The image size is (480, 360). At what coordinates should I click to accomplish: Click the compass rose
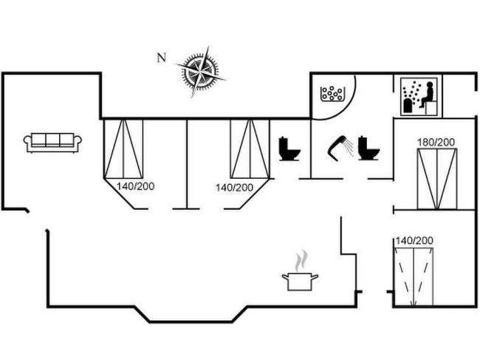pos(199,70)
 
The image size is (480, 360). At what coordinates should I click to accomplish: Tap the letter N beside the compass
pos(161,58)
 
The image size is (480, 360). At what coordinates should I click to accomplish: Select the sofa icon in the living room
pos(53,142)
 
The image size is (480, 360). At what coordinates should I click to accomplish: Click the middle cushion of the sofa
pos(53,139)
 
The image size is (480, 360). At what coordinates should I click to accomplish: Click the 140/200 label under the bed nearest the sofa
pos(134,187)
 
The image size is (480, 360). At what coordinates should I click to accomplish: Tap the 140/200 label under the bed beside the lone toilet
pos(234,188)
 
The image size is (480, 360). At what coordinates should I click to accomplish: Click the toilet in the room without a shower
pos(289,149)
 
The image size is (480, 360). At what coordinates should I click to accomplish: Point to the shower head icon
pos(339,145)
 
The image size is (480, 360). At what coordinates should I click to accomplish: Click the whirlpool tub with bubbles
pos(333,95)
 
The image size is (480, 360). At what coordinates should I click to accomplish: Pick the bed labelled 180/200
pos(436,178)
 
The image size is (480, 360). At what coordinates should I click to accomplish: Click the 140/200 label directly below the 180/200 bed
pos(414,241)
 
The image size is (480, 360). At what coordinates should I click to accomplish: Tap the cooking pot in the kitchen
pos(300,280)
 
